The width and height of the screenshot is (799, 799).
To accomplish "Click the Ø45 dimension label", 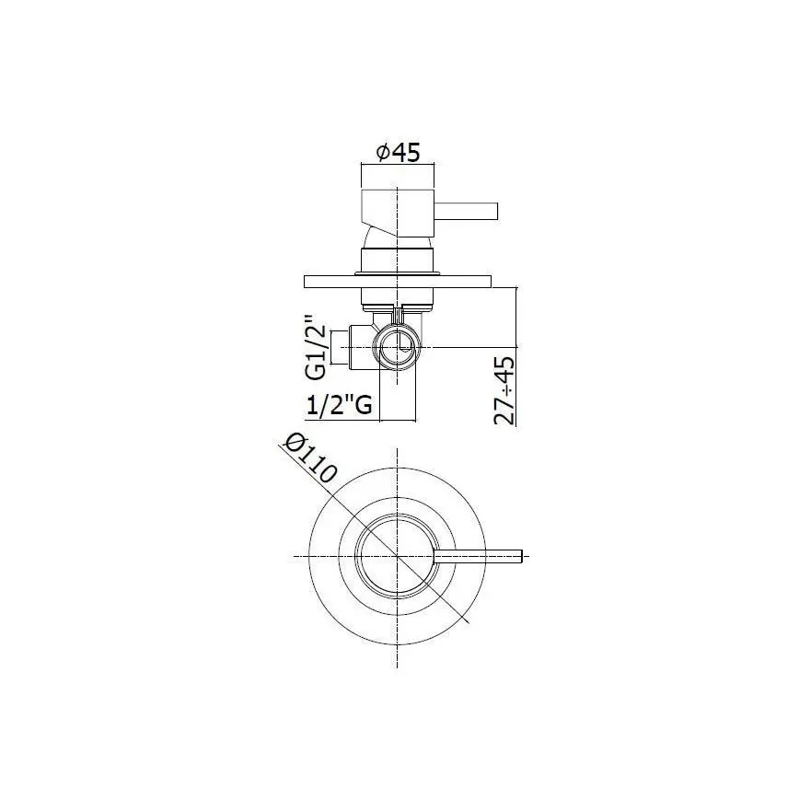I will (397, 153).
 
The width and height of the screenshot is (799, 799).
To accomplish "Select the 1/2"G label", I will (338, 405).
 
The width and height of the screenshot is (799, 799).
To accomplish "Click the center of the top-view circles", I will (397, 557).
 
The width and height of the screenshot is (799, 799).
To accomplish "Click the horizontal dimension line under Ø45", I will (397, 167).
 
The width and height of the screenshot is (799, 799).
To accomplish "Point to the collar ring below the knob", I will (397, 261).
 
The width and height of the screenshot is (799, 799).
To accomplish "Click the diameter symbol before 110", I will (294, 443).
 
